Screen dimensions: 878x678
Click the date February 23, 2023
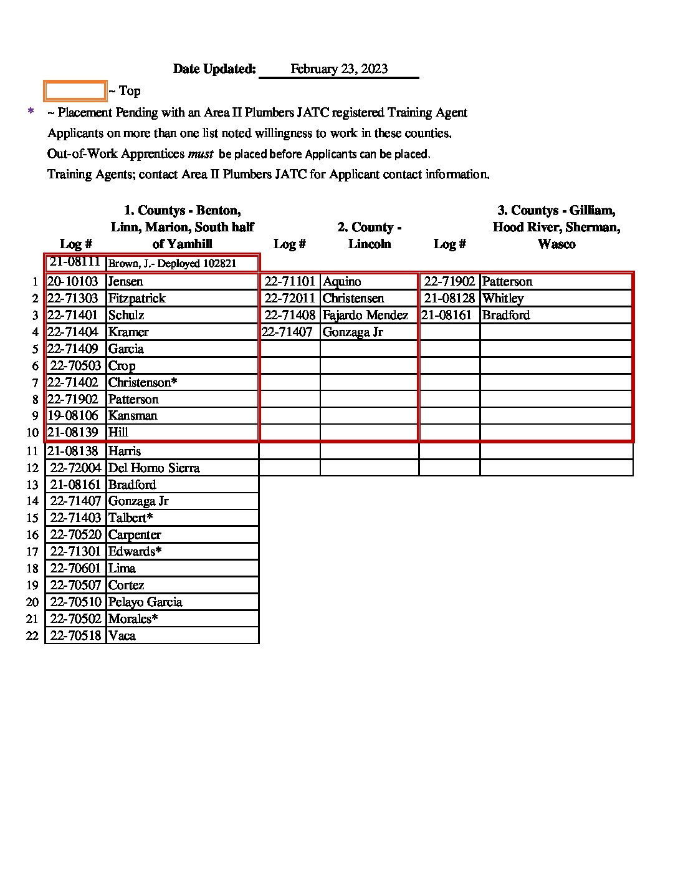(339, 69)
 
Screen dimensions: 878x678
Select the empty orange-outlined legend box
(75, 91)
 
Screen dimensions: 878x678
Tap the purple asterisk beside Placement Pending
(31, 112)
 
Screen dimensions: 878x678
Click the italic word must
(201, 153)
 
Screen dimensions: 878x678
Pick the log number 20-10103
(73, 282)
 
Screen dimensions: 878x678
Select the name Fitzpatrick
(136, 299)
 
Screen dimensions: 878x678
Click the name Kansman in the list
(133, 416)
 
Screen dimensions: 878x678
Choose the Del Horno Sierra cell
(154, 468)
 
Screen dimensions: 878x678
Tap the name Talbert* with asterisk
(130, 518)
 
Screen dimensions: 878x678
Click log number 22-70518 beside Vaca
(75, 636)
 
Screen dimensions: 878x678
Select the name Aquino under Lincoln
(341, 282)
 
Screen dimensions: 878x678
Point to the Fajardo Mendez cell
(365, 316)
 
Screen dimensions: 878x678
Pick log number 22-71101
(290, 282)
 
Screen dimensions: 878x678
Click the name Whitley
(502, 299)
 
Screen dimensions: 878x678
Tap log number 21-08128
(449, 299)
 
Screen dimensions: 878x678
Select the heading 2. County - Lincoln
(370, 236)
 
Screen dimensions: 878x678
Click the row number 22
(32, 636)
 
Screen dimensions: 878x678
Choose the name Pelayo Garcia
(145, 602)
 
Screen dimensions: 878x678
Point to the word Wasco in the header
(556, 244)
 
